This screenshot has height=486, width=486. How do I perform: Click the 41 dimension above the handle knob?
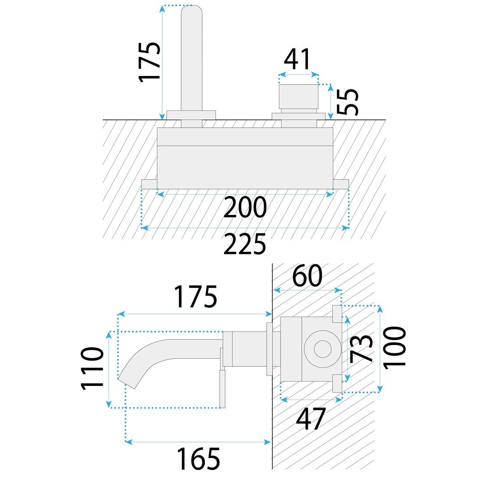pos(297,60)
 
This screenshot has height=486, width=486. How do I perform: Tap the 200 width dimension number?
pos(245,207)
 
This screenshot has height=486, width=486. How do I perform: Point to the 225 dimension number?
pos(245,244)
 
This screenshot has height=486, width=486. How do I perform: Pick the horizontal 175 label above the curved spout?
pos(196,297)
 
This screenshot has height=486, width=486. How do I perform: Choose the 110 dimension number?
pos(92,368)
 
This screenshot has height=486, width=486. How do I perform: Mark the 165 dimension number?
pos(198,459)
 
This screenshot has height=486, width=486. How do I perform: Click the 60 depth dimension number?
pos(307,276)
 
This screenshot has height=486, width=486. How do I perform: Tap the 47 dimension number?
pos(311,419)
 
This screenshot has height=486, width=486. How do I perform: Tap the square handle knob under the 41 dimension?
pos(299,96)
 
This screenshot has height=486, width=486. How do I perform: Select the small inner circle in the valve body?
pos(322,348)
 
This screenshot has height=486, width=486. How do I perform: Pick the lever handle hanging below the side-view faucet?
pos(223,388)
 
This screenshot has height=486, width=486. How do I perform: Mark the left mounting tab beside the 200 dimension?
pos(149,184)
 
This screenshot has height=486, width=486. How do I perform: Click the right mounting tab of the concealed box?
pos(341,184)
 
